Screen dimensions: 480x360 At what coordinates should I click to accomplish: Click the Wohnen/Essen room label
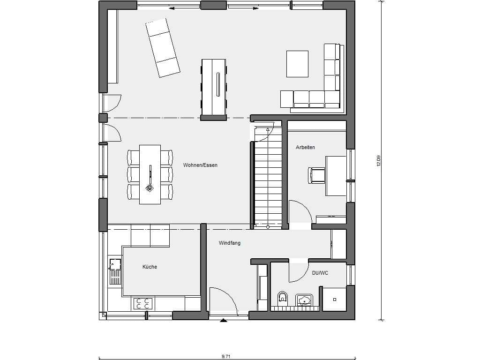(x=200, y=165)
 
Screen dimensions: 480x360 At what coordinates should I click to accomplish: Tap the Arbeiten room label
(x=305, y=147)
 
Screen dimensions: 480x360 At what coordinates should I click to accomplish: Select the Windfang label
(x=230, y=243)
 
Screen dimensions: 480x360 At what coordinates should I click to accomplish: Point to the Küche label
(x=150, y=267)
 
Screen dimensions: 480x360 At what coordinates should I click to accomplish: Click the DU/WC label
(x=320, y=273)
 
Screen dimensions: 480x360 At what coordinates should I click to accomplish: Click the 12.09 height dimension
(x=378, y=161)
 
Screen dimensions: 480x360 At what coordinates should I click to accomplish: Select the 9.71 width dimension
(x=226, y=356)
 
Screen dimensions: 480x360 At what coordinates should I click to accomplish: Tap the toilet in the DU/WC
(x=283, y=297)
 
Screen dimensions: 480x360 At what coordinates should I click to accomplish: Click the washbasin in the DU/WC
(x=304, y=299)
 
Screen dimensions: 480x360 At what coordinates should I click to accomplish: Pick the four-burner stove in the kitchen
(x=143, y=304)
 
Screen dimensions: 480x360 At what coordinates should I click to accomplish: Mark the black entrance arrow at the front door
(x=224, y=320)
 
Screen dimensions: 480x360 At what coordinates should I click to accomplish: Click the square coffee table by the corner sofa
(x=297, y=64)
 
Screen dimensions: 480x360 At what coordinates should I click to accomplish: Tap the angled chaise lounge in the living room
(x=162, y=47)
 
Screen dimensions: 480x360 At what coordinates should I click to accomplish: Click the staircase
(x=268, y=178)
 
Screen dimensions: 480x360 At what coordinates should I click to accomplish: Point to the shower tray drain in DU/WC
(x=335, y=300)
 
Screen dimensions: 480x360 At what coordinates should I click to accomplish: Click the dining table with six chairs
(x=150, y=174)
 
